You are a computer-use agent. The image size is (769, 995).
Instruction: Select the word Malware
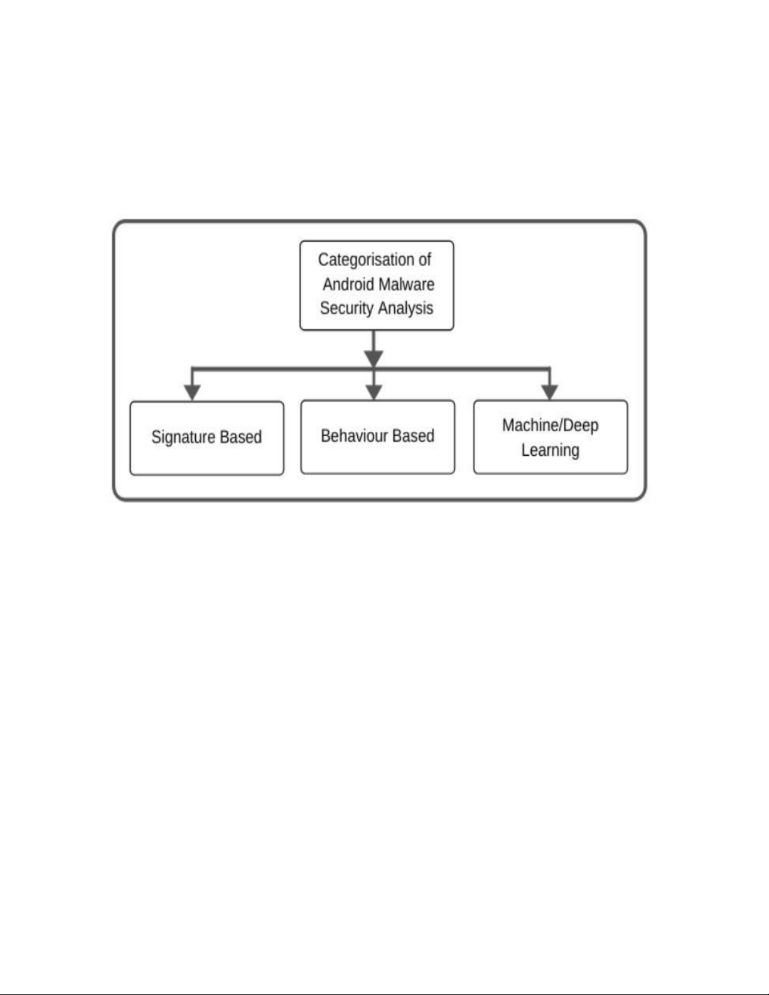tap(407, 284)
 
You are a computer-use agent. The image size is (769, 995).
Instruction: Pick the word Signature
tap(183, 438)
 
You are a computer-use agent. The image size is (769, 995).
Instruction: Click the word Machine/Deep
tap(550, 426)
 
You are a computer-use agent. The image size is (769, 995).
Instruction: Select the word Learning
tap(550, 450)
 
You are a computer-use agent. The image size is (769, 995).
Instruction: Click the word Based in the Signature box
tap(241, 437)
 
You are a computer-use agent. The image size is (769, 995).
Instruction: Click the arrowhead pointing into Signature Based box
tap(192, 392)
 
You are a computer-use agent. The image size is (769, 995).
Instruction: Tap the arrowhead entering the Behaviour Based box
tap(374, 392)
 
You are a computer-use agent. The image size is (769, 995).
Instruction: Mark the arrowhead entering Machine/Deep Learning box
tap(549, 392)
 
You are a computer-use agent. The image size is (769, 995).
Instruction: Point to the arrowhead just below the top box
tap(374, 358)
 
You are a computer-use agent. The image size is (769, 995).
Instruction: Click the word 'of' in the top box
tap(423, 260)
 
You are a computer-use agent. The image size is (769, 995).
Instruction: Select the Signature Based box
tap(207, 438)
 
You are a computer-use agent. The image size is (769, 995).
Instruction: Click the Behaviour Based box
tap(378, 437)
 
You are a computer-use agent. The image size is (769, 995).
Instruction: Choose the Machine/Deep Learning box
tap(551, 437)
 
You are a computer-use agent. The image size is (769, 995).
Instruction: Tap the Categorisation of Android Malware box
tap(377, 285)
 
